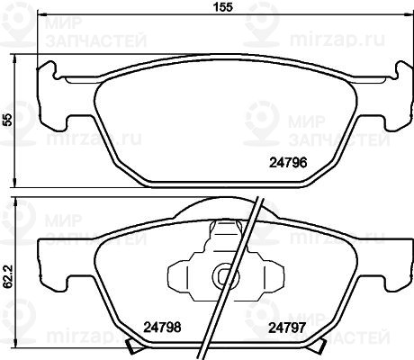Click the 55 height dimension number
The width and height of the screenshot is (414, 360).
coord(9,120)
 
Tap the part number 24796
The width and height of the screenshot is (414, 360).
coord(288,163)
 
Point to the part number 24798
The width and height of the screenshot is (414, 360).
coord(162,328)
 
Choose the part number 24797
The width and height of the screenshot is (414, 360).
coord(287,328)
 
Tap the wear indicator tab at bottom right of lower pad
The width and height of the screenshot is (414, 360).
coord(319,346)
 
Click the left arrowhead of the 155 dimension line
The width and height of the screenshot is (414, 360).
coord(41,13)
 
